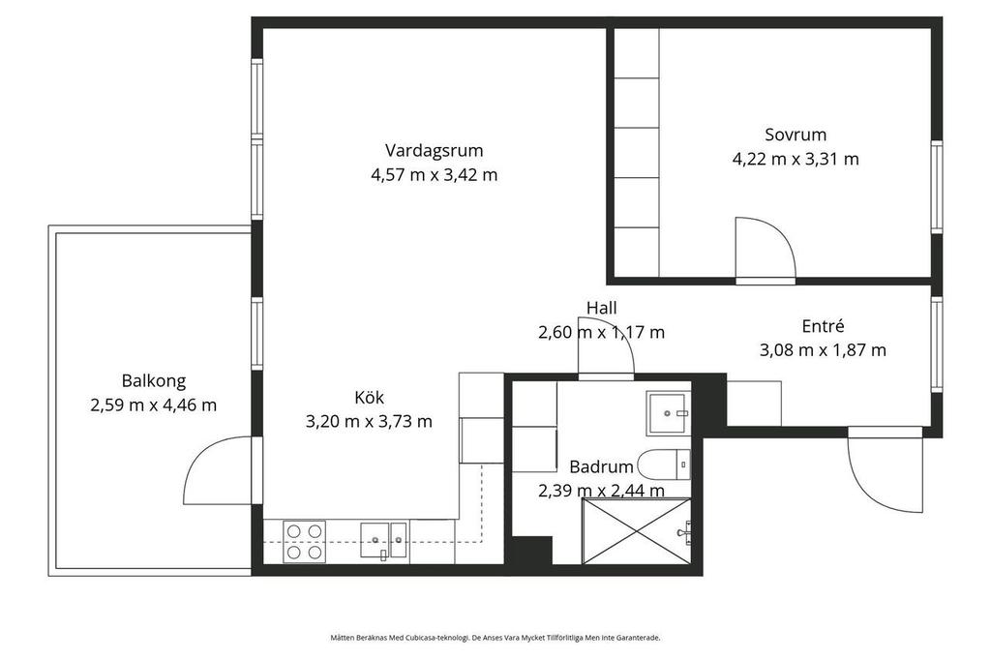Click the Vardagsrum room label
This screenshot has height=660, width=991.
pyautogui.click(x=435, y=151)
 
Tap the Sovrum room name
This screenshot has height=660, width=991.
pyautogui.click(x=796, y=135)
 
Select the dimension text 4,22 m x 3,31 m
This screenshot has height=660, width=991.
pyautogui.click(x=796, y=159)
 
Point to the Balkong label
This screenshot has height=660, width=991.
pyautogui.click(x=154, y=381)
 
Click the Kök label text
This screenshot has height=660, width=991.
pyautogui.click(x=369, y=398)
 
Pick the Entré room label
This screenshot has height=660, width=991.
pyautogui.click(x=823, y=326)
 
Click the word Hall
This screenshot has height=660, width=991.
pyautogui.click(x=602, y=308)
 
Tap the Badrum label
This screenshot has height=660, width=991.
pyautogui.click(x=601, y=467)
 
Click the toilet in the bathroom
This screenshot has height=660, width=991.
pyautogui.click(x=664, y=465)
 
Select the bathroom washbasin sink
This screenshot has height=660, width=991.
pyautogui.click(x=668, y=413)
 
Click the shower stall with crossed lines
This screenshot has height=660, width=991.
pyautogui.click(x=637, y=531)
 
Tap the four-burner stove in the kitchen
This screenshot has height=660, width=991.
pyautogui.click(x=304, y=542)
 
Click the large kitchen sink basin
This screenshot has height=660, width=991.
pyautogui.click(x=375, y=540)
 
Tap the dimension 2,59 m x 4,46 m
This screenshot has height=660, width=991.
pyautogui.click(x=154, y=405)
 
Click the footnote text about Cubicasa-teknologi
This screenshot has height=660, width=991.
pyautogui.click(x=495, y=638)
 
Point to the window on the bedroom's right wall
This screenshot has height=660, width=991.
pyautogui.click(x=937, y=187)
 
